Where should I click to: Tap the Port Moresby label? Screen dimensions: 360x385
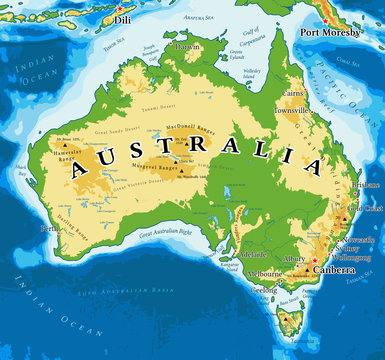tap(331, 31)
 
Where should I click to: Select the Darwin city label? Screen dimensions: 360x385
tap(187, 46)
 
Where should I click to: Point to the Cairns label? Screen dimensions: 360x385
tap(293, 92)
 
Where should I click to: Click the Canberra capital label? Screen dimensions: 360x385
tap(337, 270)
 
